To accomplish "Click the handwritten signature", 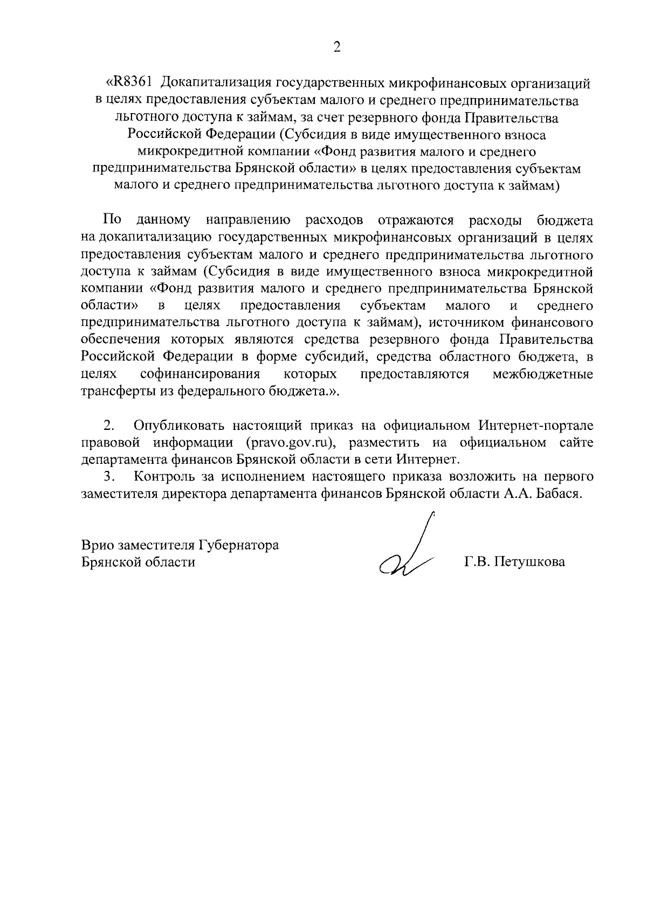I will pyautogui.click(x=410, y=555).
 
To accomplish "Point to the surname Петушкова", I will pyautogui.click(x=532, y=562).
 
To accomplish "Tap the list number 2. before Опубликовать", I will pyautogui.click(x=109, y=426).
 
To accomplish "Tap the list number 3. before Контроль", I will pyautogui.click(x=109, y=477).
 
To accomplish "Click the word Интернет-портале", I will pyautogui.click(x=536, y=426).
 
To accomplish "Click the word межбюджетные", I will pyautogui.click(x=543, y=374).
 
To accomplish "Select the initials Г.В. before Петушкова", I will pyautogui.click(x=477, y=562).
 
